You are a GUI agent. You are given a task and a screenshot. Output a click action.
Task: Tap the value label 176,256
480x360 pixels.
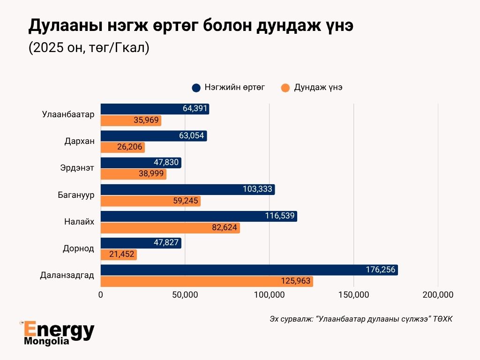381,270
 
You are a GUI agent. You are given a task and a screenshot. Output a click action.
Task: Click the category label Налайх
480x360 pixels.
80,222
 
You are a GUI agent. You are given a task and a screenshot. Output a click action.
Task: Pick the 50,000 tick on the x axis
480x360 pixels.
185,295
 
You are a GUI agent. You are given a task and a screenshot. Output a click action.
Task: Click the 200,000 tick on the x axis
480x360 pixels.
438,295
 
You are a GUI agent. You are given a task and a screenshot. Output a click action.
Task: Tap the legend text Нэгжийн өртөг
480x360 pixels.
235,88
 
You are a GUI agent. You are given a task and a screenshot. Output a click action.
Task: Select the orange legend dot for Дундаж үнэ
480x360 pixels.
285,88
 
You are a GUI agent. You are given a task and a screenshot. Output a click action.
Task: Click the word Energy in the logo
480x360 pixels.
59,330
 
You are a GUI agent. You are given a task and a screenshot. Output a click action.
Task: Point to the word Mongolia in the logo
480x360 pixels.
46,341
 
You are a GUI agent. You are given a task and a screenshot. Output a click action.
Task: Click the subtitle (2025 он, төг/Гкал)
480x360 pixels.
89,48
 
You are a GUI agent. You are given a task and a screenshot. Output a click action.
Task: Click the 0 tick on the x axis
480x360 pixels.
101,295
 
